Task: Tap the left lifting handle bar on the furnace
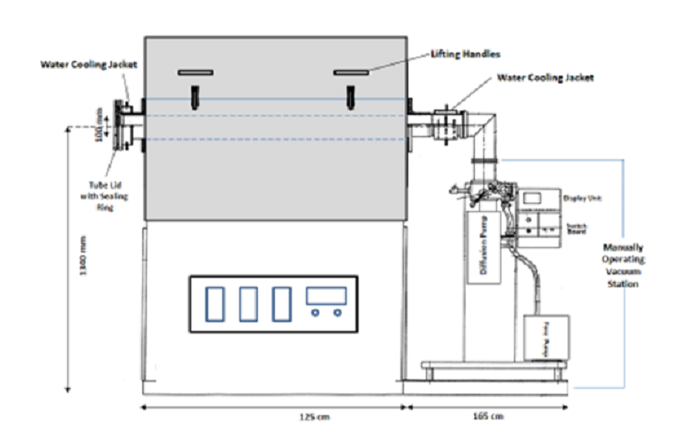195,72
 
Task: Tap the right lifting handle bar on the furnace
351,72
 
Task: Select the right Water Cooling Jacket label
545,77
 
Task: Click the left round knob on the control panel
316,313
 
